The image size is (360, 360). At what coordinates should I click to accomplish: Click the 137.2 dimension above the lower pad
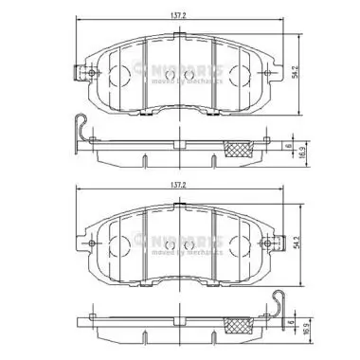click(x=179, y=187)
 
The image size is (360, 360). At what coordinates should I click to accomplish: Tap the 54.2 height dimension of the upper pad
click(x=297, y=71)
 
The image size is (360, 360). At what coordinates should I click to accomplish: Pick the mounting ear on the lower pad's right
click(x=276, y=243)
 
